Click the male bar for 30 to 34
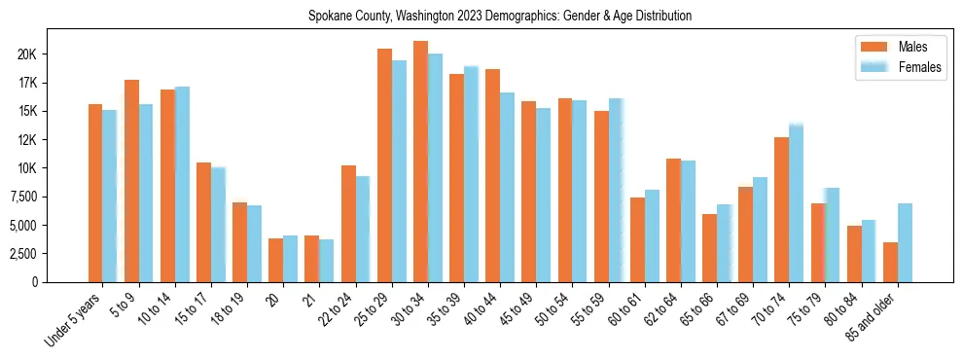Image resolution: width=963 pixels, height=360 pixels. [420, 162]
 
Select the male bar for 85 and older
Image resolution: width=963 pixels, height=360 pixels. [890, 262]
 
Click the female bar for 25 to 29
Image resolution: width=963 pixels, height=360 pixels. [399, 171]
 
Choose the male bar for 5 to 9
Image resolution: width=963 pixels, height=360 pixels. [131, 181]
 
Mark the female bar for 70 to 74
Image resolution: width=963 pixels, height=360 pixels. [796, 203]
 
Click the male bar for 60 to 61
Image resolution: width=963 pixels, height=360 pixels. [637, 239]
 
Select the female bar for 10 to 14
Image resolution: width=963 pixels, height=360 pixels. [182, 184]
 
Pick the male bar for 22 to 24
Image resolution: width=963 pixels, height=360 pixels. [348, 224]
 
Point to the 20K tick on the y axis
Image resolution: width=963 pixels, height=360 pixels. [26, 54]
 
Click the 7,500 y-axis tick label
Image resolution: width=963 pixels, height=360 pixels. [21, 197]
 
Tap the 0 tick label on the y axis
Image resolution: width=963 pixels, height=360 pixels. [34, 282]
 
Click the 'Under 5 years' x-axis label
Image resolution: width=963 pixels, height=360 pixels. [72, 320]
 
